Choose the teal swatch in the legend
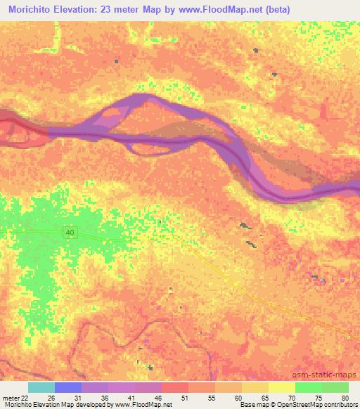point(41,387)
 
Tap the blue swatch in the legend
point(67,387)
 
